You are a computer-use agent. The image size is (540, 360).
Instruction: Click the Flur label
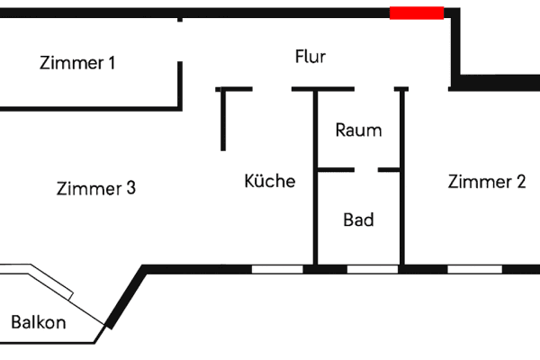pyautogui.click(x=310, y=57)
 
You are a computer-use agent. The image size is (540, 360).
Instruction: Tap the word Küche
pyautogui.click(x=270, y=181)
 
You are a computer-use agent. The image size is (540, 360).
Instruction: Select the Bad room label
pyautogui.click(x=358, y=220)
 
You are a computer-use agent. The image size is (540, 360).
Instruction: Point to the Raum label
pyautogui.click(x=358, y=130)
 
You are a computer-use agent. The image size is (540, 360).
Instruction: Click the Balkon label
pyautogui.click(x=38, y=322)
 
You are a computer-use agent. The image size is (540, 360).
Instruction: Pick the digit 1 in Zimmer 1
pyautogui.click(x=136, y=64)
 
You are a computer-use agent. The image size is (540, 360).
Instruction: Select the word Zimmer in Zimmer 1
pyautogui.click(x=72, y=64)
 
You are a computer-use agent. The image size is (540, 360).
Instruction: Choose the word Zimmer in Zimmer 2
pyautogui.click(x=478, y=182)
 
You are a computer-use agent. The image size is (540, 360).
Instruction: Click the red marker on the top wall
pyautogui.click(x=417, y=13)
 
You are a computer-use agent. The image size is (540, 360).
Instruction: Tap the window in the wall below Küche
pyautogui.click(x=276, y=268)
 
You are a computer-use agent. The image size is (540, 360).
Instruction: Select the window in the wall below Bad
pyautogui.click(x=372, y=268)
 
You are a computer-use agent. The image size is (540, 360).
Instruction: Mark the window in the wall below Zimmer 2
pyautogui.click(x=474, y=268)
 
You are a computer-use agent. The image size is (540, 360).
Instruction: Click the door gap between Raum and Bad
pyautogui.click(x=365, y=169)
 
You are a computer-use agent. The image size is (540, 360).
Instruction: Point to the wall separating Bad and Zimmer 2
pyautogui.click(x=401, y=216)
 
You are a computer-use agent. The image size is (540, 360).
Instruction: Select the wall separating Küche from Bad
pyautogui.click(x=315, y=216)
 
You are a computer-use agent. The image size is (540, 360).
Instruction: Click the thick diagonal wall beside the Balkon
pyautogui.click(x=125, y=297)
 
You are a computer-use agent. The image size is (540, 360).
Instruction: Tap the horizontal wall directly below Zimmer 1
pyautogui.click(x=90, y=108)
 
